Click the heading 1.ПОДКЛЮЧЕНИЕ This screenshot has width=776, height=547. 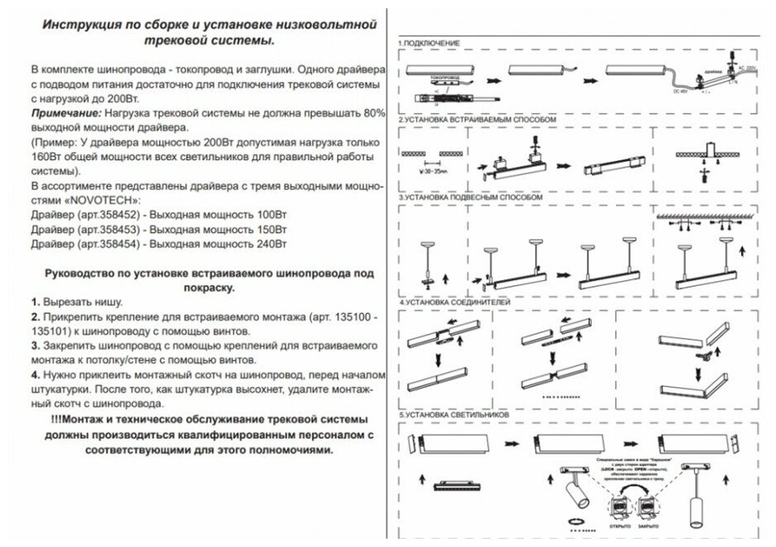tap(430, 42)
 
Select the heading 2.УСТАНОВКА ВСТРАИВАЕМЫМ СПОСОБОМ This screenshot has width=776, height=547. tap(476, 120)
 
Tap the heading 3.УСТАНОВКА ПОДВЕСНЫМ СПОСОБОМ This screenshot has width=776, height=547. tap(471, 199)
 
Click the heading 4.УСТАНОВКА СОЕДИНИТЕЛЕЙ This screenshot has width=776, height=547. tap(456, 303)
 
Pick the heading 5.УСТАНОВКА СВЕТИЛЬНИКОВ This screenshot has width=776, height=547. tap(455, 413)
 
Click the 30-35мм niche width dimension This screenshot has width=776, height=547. tap(432, 174)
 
